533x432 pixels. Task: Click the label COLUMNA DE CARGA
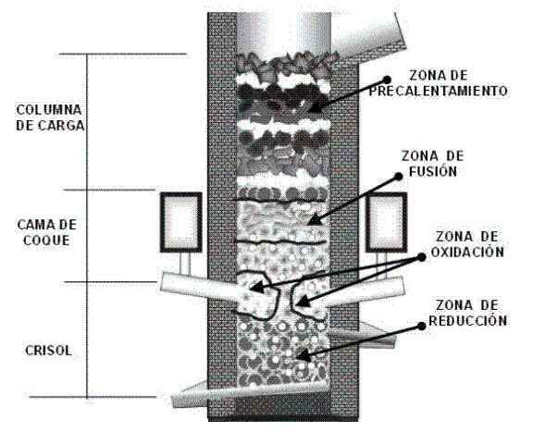point(50,117)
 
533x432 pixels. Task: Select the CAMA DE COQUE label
point(47,232)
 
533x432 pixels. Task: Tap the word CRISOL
point(49,351)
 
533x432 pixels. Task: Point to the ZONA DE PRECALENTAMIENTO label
point(439,83)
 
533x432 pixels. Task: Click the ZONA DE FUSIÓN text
point(433,164)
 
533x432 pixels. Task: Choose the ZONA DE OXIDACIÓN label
point(467,244)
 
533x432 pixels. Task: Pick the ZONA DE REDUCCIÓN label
point(467,313)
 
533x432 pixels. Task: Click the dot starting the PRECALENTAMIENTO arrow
point(387,80)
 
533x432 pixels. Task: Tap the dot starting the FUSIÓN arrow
point(398,177)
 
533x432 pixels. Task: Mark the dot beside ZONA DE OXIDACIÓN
point(422,257)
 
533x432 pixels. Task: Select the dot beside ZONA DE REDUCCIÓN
point(422,326)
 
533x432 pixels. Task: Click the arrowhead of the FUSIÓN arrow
point(315,220)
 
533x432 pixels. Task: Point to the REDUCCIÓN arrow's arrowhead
point(304,356)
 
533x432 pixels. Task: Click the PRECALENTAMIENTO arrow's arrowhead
point(315,108)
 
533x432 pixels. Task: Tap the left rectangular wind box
point(181,222)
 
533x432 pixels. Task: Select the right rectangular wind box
point(387,222)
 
